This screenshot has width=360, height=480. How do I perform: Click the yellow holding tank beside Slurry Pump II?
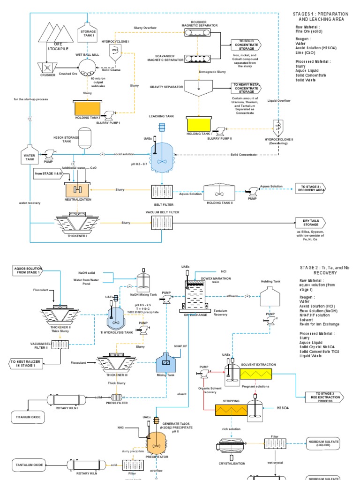[x=200, y=124]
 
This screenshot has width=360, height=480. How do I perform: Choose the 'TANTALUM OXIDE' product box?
[x=29, y=465]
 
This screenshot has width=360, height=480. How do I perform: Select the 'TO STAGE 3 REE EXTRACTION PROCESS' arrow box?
[x=323, y=397]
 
